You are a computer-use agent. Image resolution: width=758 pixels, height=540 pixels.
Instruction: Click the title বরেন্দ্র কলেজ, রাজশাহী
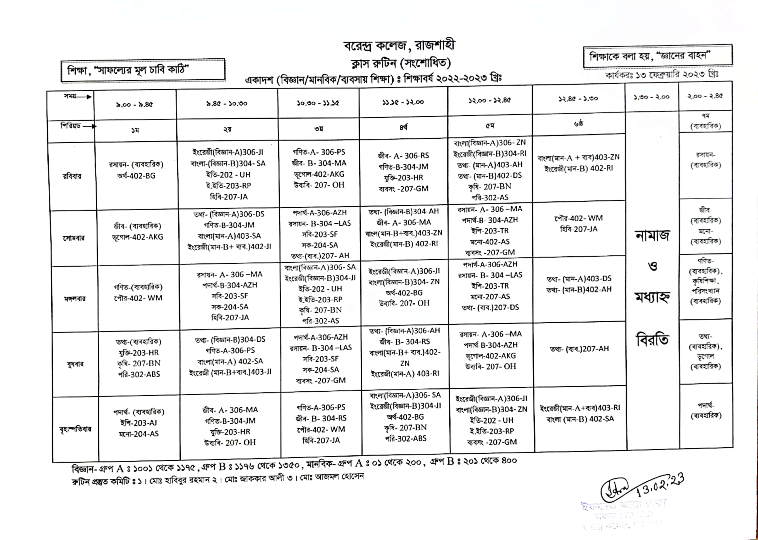coord(399,46)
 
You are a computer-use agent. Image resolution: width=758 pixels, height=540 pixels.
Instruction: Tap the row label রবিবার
coord(72,176)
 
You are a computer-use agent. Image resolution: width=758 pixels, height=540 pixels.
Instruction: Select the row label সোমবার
coord(74,238)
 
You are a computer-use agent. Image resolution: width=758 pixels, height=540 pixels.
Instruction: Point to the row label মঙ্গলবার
coord(75,298)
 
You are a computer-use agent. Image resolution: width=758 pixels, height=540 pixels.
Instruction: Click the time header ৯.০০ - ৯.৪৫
coord(135,104)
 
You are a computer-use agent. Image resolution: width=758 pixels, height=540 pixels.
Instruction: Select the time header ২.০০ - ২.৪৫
coord(705,97)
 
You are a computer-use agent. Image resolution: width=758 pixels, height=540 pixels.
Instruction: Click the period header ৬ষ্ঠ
coord(578,124)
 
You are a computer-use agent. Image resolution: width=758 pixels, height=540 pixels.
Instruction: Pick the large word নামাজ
coord(652,235)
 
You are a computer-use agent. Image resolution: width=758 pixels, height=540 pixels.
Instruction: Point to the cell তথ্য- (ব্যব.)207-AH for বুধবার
coord(579,349)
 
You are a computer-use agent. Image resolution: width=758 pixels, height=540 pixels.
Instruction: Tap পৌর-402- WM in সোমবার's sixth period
coord(578,218)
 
